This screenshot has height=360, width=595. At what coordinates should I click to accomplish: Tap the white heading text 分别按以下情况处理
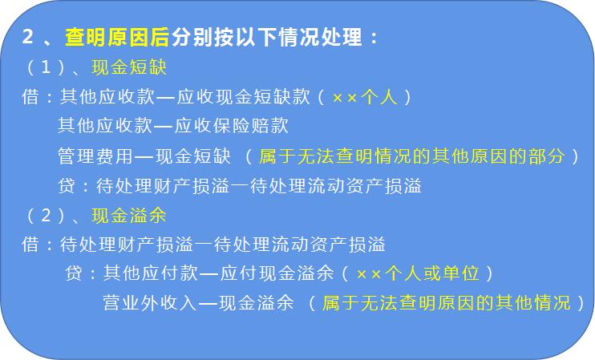point(264,38)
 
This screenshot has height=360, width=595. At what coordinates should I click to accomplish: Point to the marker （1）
point(49,68)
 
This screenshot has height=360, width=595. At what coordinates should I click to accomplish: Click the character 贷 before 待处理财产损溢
point(67,185)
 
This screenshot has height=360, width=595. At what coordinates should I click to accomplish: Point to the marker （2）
point(49,215)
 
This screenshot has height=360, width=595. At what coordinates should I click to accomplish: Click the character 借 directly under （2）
point(30,244)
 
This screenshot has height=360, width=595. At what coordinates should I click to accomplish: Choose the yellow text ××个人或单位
point(417,273)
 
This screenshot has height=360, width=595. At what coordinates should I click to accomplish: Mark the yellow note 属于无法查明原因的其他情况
point(446,302)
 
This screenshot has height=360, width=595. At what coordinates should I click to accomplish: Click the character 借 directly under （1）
point(30,97)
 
